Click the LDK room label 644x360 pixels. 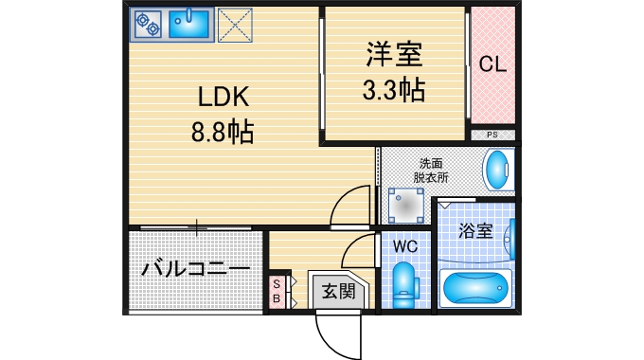point(223,97)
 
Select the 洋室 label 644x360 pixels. point(393,54)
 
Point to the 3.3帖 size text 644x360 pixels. point(393,90)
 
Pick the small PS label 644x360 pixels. point(492,135)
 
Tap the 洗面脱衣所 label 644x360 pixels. point(431,169)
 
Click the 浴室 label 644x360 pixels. point(474,230)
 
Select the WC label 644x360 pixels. point(405,246)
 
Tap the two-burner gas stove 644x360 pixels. point(148,25)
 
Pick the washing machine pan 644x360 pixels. point(407,203)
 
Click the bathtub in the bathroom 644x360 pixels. point(476,287)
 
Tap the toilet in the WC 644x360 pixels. point(404,283)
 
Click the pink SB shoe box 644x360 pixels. point(277,292)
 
